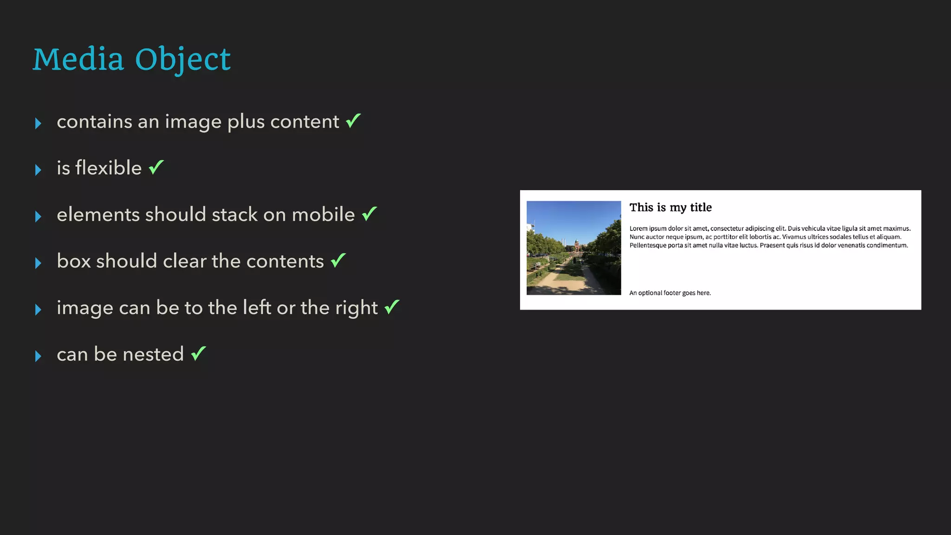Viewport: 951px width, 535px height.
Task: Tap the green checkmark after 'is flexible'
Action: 156,167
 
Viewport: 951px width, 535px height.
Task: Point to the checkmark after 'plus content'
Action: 353,121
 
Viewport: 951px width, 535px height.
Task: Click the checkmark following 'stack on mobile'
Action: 370,214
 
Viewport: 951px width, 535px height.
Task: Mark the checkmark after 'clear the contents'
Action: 339,260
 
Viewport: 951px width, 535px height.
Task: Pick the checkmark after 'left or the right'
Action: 392,307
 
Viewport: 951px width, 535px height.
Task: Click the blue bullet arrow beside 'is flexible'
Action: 38,170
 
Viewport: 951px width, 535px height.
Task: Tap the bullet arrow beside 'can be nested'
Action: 38,356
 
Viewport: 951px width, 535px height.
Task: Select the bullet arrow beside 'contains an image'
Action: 38,123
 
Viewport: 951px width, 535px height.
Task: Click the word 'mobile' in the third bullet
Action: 323,215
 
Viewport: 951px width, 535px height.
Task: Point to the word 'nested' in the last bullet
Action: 153,354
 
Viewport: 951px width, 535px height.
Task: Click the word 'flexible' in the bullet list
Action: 108,168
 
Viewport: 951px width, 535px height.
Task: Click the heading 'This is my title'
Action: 670,208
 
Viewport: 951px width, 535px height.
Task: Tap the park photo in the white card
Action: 573,248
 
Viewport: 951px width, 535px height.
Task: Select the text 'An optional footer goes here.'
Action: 670,293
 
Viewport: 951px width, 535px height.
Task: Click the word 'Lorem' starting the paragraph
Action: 638,228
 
